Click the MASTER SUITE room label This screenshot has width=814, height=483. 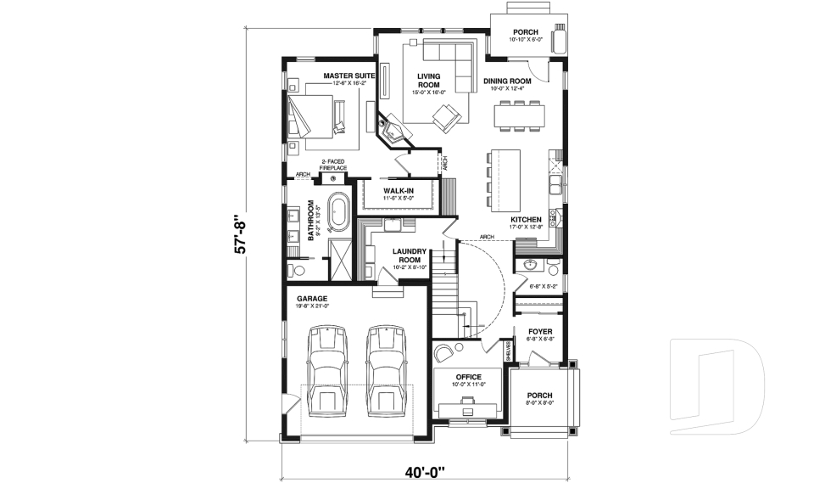coord(348,76)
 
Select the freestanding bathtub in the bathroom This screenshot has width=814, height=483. coord(339,211)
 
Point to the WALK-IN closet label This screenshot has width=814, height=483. coord(398,191)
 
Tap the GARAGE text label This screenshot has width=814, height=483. coord(313,299)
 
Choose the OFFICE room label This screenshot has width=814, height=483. coord(468,377)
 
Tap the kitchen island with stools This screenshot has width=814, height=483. coord(506,180)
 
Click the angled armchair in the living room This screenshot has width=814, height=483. coord(446,119)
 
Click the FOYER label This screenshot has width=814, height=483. coord(540,332)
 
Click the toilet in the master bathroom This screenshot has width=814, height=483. coord(296,271)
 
